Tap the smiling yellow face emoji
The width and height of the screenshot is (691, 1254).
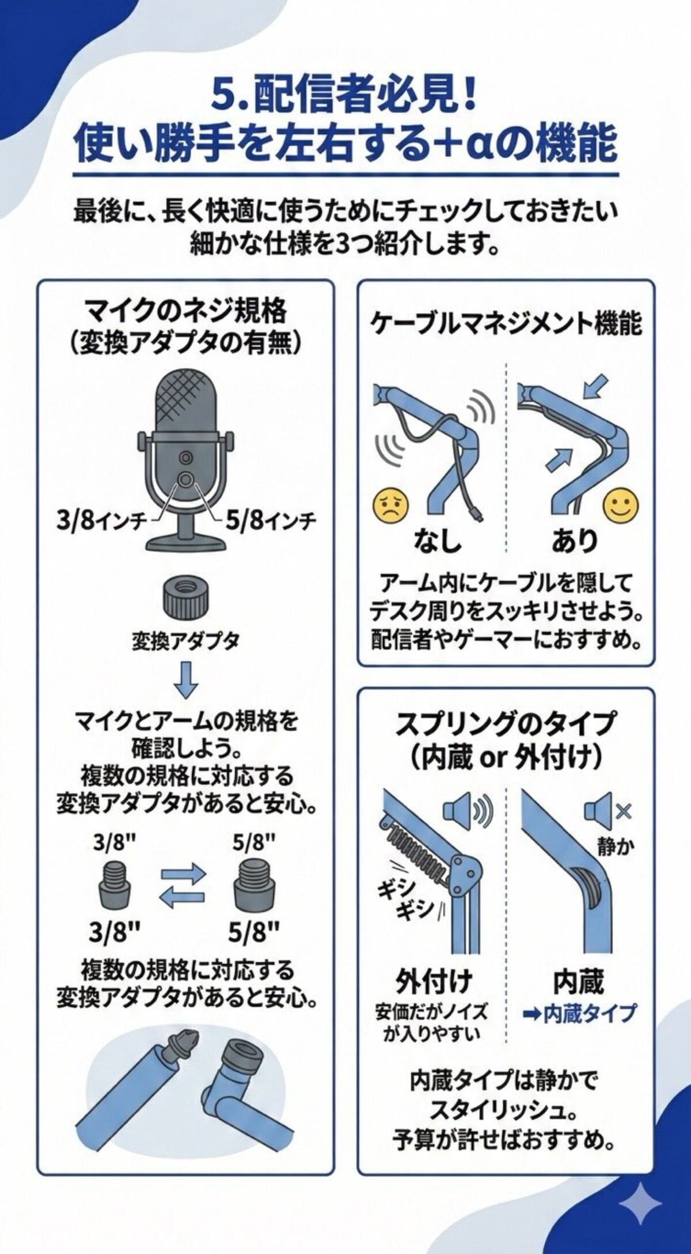point(621,505)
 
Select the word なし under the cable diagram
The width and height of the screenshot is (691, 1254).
point(438,540)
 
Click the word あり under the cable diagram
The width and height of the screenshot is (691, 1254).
point(574,540)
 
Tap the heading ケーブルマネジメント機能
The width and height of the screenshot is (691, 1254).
point(506,324)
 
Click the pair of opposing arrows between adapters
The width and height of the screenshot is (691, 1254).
point(183,885)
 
